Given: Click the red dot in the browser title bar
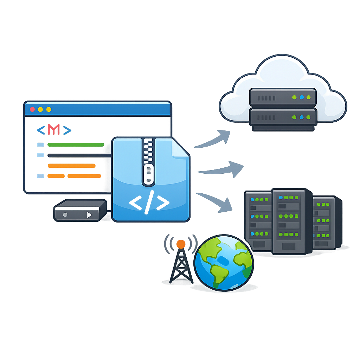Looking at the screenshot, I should tap(33, 109).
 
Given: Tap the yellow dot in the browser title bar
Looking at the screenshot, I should tap(40, 109).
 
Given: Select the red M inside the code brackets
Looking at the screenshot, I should tap(54, 130).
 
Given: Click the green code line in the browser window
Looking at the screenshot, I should tap(75, 144).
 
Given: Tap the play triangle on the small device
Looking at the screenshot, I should tap(89, 214).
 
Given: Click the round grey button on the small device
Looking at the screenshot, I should tap(65, 214).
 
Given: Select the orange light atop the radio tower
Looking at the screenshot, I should tap(181, 244).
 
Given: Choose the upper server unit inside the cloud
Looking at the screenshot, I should tap(283, 97).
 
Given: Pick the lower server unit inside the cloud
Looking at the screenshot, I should tap(283, 117).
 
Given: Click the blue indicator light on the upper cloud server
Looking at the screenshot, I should tap(302, 97).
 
